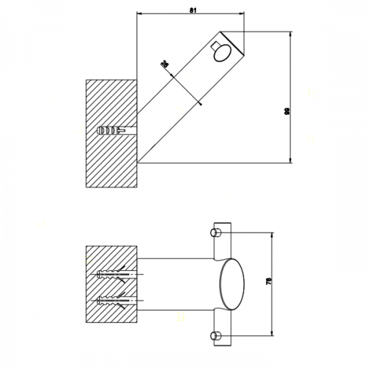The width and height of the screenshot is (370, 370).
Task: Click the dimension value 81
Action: click(x=194, y=10)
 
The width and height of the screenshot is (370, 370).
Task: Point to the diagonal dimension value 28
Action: click(x=165, y=64)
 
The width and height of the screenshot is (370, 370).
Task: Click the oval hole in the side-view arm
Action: click(x=221, y=55)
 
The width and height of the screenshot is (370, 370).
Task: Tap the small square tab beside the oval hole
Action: click(x=213, y=46)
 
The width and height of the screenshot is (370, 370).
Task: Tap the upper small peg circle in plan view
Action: click(x=215, y=232)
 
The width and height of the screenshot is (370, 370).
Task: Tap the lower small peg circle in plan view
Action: click(x=215, y=335)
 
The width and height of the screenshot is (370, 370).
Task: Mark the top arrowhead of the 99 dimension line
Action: click(x=290, y=34)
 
